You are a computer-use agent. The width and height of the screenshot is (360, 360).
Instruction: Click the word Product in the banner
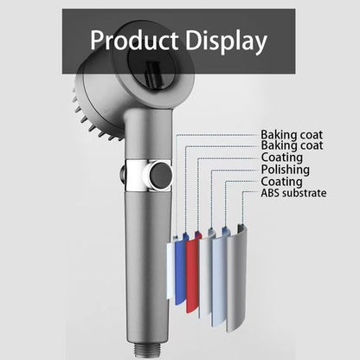(134, 40)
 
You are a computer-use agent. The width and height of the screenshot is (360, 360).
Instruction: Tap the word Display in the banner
(226, 42)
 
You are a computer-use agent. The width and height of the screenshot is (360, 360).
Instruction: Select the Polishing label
(286, 170)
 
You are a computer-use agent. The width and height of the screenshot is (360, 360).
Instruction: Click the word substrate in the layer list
(304, 193)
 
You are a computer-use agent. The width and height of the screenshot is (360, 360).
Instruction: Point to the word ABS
(270, 193)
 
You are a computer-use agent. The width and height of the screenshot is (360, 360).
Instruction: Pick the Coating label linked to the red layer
(282, 157)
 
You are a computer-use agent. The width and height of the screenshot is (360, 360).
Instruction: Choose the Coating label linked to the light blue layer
(282, 182)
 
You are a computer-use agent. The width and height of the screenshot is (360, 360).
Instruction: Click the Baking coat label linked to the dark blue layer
(292, 145)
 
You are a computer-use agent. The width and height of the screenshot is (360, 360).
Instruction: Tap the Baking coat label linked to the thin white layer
(292, 135)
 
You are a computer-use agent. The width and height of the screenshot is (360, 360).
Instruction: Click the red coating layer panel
(193, 274)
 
